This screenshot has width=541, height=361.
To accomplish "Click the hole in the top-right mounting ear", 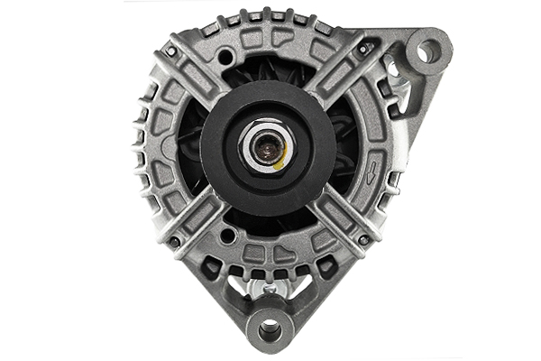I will coord(428,51).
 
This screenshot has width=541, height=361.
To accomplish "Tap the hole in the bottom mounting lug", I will coord(269,329).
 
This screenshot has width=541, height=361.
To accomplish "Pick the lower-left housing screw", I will coord(171,242).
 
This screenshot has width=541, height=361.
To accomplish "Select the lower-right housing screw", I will coord(363,240).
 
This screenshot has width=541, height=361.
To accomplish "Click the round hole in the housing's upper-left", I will coord(223,58).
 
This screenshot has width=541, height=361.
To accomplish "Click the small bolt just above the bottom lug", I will coord(269,288).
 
